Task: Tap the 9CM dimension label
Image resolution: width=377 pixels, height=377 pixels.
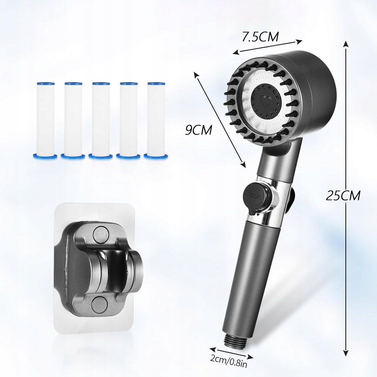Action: tap(198, 130)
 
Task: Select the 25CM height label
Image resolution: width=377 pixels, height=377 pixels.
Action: tap(343, 195)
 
